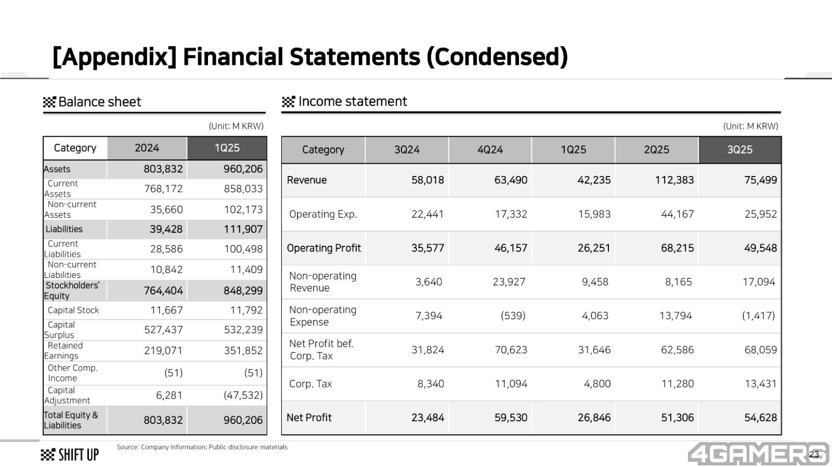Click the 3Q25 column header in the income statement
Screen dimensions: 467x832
[739, 150]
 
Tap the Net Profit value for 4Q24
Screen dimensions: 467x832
[511, 418]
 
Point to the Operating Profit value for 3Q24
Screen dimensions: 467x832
[427, 248]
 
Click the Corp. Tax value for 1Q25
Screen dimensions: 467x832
[597, 384]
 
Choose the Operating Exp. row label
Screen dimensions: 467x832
[323, 214]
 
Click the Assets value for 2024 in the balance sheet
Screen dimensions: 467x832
[163, 169]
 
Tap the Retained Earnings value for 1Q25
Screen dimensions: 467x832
[243, 351]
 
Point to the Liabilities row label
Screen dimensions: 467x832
[64, 229]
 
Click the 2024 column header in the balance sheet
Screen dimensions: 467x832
[147, 148]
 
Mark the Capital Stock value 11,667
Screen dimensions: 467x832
[166, 310]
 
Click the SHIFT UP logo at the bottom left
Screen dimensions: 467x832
[70, 455]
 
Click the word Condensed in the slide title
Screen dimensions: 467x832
[497, 57]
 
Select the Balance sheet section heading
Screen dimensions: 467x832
[99, 102]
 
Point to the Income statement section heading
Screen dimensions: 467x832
[352, 101]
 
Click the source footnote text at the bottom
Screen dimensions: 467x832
[202, 447]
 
